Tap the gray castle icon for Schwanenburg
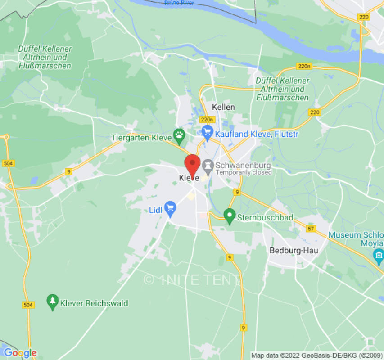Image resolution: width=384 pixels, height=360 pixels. [x=208, y=166]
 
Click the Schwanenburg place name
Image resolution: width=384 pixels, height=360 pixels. [x=244, y=165]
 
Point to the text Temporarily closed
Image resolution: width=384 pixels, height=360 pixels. [x=244, y=172]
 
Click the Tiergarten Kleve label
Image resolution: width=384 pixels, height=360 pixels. [x=142, y=137]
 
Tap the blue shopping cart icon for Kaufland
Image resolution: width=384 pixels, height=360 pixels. [x=207, y=131]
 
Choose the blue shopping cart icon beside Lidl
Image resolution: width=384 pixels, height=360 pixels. [x=170, y=208]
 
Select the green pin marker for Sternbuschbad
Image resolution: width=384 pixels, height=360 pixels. [x=230, y=216]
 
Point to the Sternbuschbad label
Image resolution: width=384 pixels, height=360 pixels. [x=266, y=218]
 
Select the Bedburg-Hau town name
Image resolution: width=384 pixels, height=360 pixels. [x=294, y=251]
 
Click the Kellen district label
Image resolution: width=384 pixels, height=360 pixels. [x=223, y=107]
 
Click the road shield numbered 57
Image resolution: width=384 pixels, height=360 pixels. [x=311, y=229]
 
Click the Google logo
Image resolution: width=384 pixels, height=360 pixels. [x=20, y=353]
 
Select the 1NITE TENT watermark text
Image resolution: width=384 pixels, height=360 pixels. [x=192, y=280]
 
